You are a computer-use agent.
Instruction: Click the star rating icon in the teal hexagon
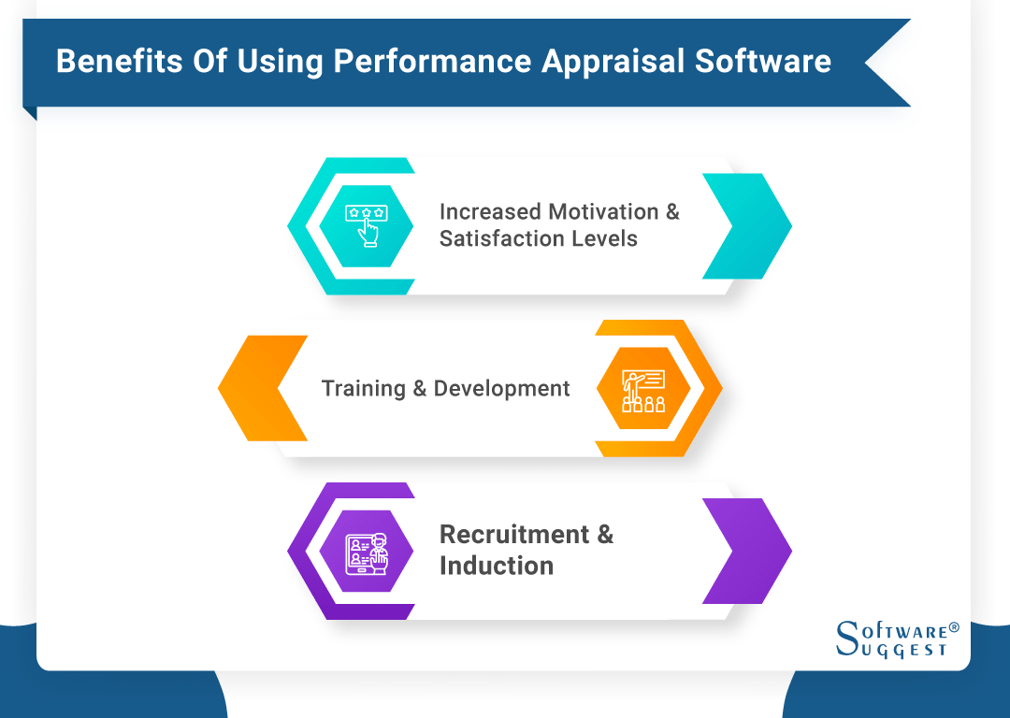[367, 225]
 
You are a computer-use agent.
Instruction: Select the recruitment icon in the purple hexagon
[367, 551]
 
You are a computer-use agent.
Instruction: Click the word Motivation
[603, 212]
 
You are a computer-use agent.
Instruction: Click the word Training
[363, 388]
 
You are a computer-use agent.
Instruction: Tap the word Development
[501, 388]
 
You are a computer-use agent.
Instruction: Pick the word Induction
[496, 566]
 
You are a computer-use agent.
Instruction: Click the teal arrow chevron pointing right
[747, 225]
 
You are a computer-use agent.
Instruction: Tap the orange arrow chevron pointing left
[263, 388]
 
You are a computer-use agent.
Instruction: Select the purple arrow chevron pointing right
[747, 551]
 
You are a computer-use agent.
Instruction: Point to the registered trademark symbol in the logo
[954, 626]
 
